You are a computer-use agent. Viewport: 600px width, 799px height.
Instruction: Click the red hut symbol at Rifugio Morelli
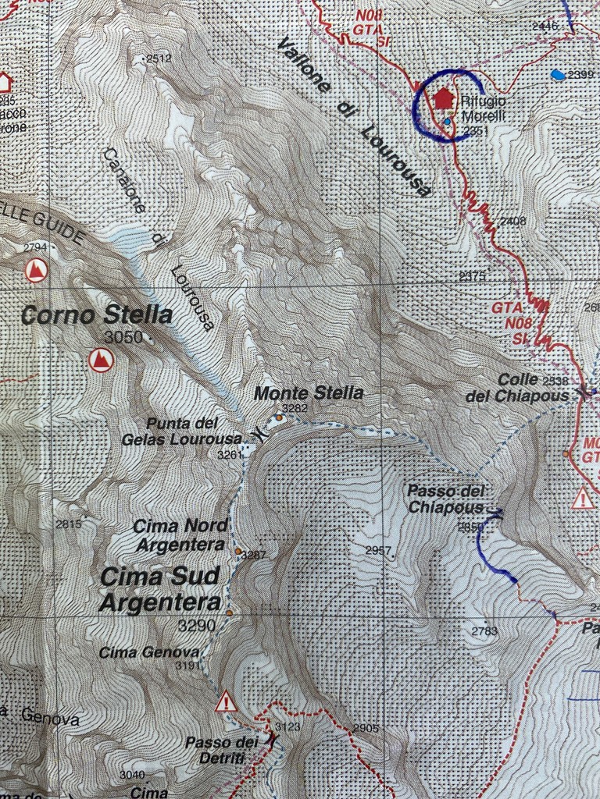[x=444, y=98]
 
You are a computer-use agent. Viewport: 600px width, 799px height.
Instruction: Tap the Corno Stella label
[x=97, y=315]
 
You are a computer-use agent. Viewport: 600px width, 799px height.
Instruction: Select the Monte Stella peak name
[x=309, y=393]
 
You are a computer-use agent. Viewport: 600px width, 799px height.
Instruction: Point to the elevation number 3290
[x=196, y=626]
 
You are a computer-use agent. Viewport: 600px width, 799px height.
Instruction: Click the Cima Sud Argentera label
[x=160, y=589]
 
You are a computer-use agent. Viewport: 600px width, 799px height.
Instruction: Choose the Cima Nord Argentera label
[x=180, y=535]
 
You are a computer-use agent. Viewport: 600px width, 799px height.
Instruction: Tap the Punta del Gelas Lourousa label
[x=181, y=431]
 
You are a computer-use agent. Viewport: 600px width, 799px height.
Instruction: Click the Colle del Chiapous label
[x=517, y=388]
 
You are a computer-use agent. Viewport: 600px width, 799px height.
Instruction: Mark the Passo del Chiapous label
[x=446, y=499]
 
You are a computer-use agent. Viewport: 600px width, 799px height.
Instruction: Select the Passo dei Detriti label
[x=221, y=748]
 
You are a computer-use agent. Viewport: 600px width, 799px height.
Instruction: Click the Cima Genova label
[x=148, y=652]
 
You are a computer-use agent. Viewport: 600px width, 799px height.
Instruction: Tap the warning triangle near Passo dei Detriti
[x=227, y=701]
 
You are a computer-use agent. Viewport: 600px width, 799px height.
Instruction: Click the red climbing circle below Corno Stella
[x=101, y=360]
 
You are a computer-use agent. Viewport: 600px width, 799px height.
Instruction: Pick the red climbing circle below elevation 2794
[x=35, y=271]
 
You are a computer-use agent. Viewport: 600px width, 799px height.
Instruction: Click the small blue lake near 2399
[x=557, y=75]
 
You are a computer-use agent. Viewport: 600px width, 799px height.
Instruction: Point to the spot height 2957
[x=378, y=550]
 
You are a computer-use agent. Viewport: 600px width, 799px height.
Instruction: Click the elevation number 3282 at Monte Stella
[x=295, y=408]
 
